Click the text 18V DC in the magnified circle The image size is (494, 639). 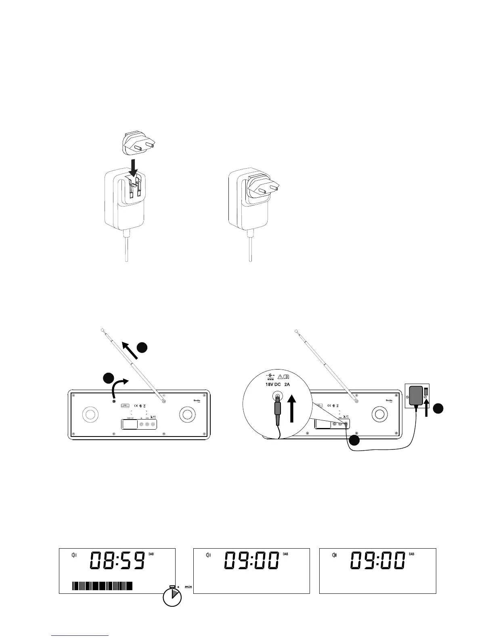(273, 384)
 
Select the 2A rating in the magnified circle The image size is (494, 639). (290, 384)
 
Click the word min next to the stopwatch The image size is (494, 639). (188, 587)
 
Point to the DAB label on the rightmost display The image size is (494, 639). (412, 554)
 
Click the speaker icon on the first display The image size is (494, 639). (74, 555)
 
